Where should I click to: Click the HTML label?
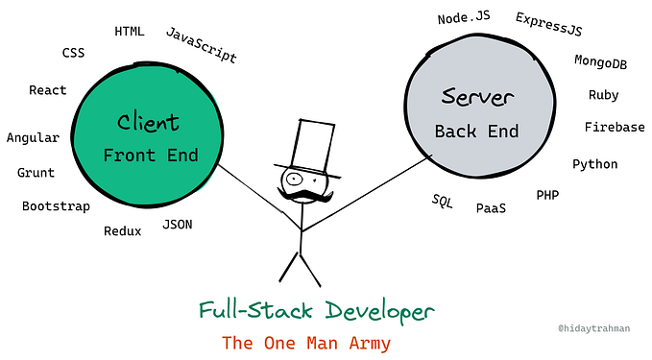(130, 31)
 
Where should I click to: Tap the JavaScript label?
(202, 44)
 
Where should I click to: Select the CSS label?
(74, 53)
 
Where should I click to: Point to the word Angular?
(33, 137)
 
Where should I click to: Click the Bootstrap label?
(56, 206)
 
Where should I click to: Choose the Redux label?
(123, 230)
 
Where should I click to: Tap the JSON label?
(178, 225)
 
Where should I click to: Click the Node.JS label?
(466, 18)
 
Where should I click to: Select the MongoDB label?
(601, 60)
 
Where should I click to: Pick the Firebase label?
(615, 127)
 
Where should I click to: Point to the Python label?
(595, 164)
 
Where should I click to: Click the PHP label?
(547, 195)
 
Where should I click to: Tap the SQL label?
(443, 201)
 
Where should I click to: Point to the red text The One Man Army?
(306, 342)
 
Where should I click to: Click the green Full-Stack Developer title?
(316, 311)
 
